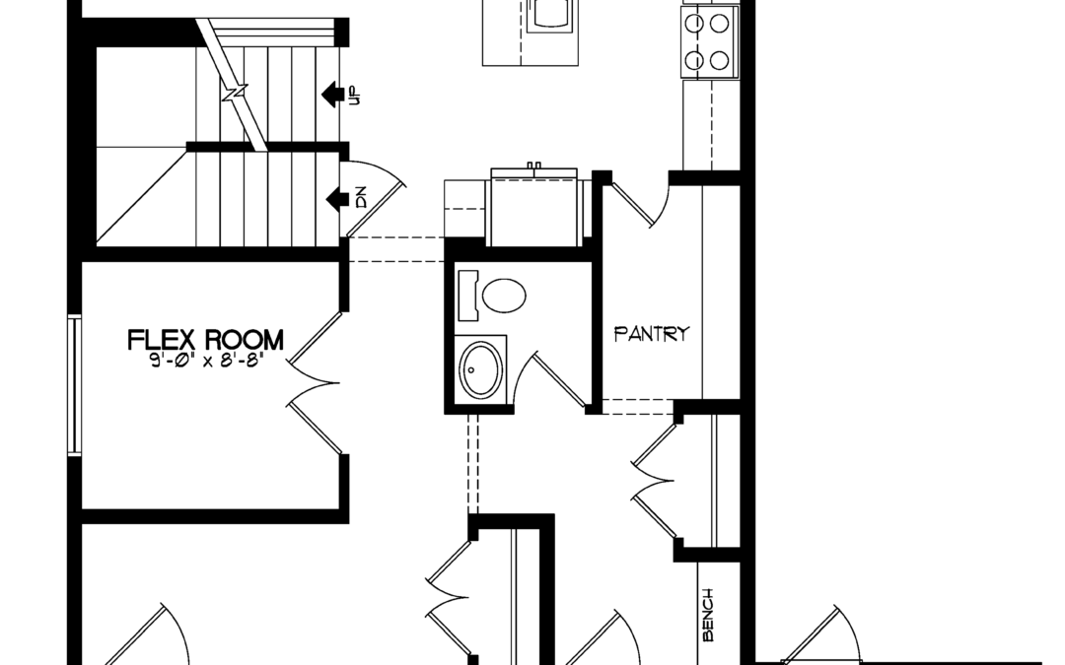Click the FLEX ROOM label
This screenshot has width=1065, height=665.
pyautogui.click(x=205, y=339)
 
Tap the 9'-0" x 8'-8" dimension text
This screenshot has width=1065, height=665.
pyautogui.click(x=205, y=361)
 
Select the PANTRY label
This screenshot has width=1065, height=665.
pyautogui.click(x=652, y=334)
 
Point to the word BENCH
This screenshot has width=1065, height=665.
pyautogui.click(x=707, y=615)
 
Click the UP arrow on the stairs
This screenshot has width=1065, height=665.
pyautogui.click(x=330, y=95)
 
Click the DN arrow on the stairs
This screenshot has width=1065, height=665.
pyautogui.click(x=336, y=199)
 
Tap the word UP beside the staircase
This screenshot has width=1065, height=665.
pyautogui.click(x=353, y=96)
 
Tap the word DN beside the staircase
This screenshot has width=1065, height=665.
pyautogui.click(x=360, y=197)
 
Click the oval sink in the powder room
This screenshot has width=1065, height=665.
pyautogui.click(x=481, y=369)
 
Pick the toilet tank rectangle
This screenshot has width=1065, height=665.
pyautogui.click(x=468, y=296)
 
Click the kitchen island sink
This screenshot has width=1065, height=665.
pyautogui.click(x=551, y=14)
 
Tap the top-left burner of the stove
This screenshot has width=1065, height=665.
pyautogui.click(x=693, y=24)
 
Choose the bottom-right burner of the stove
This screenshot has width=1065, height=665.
pyautogui.click(x=719, y=61)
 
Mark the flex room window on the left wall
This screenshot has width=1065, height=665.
pyautogui.click(x=74, y=385)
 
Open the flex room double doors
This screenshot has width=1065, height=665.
pyautogui.click(x=314, y=383)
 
